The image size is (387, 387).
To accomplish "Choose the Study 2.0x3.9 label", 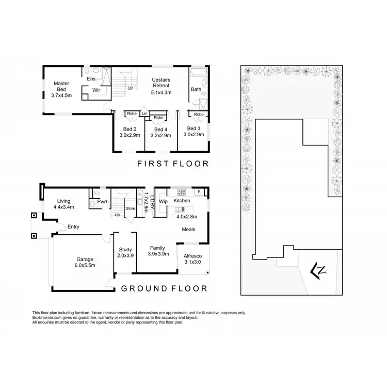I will click(126, 252).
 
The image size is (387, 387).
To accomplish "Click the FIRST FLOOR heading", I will click(172, 164).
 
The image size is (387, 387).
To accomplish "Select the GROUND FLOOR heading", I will click(164, 288).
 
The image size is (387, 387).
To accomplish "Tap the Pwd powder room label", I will click(102, 202).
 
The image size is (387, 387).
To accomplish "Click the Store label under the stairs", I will click(130, 209).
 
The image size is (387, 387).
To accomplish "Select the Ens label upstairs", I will click(91, 79).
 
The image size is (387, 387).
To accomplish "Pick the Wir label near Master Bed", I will click(96, 90).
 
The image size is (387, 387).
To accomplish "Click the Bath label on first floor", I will click(196, 89).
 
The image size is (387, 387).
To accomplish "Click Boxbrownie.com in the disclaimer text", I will click(46, 318).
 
